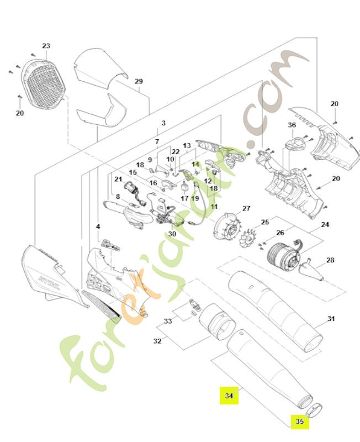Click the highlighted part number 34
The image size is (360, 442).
tap(229, 396)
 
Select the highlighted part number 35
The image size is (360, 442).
tap(300, 422)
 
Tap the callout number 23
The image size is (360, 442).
tap(46, 46)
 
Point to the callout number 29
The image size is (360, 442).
tap(139, 81)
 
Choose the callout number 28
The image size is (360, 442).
tap(330, 260)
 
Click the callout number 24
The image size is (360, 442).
tap(325, 225)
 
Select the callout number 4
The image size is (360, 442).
tap(98, 226)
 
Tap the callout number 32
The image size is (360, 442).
tap(157, 341)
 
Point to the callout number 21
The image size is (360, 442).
tap(118, 179)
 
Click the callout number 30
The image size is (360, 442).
tap(172, 234)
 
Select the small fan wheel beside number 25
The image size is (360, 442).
tap(248, 238)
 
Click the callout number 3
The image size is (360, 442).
tap(163, 123)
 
